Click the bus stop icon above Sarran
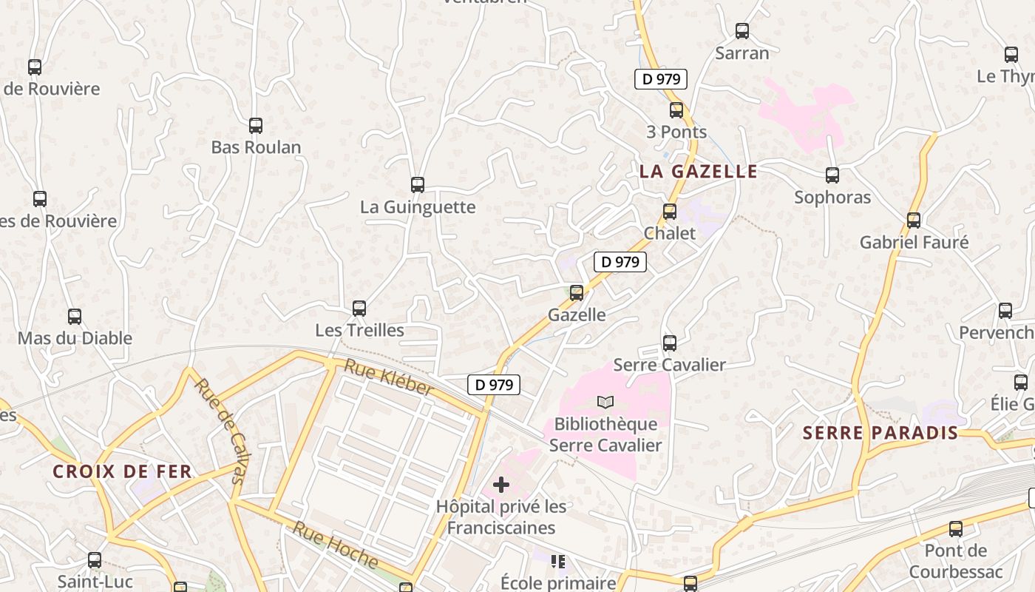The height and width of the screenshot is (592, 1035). [x=742, y=31]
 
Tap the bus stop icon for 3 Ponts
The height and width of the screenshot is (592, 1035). [x=676, y=110]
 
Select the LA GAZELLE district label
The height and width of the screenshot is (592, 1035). [x=698, y=172]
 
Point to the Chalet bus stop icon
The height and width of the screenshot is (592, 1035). [x=670, y=212]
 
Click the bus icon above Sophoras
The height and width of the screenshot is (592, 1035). [x=832, y=175]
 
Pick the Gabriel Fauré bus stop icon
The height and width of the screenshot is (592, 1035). [x=914, y=221]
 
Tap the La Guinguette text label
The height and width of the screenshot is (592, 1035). [x=418, y=206]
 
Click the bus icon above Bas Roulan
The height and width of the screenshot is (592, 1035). [x=256, y=126]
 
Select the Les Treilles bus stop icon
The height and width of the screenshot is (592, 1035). [x=359, y=309]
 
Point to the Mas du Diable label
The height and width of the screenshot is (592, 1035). [x=75, y=338]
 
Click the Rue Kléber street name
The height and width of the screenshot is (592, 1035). [x=388, y=377]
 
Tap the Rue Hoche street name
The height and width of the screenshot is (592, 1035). [x=335, y=545]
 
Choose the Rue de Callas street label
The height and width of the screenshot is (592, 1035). [x=219, y=431]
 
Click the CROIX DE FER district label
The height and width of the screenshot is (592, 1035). [x=122, y=471]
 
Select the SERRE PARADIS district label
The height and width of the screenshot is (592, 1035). [x=880, y=433]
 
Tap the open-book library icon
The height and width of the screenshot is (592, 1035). [x=605, y=402]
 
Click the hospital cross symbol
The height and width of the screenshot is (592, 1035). [x=501, y=485]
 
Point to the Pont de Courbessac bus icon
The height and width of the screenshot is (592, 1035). [x=956, y=529]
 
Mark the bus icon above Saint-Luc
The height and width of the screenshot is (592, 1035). [x=95, y=560]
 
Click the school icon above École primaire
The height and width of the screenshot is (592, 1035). [x=558, y=562]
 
